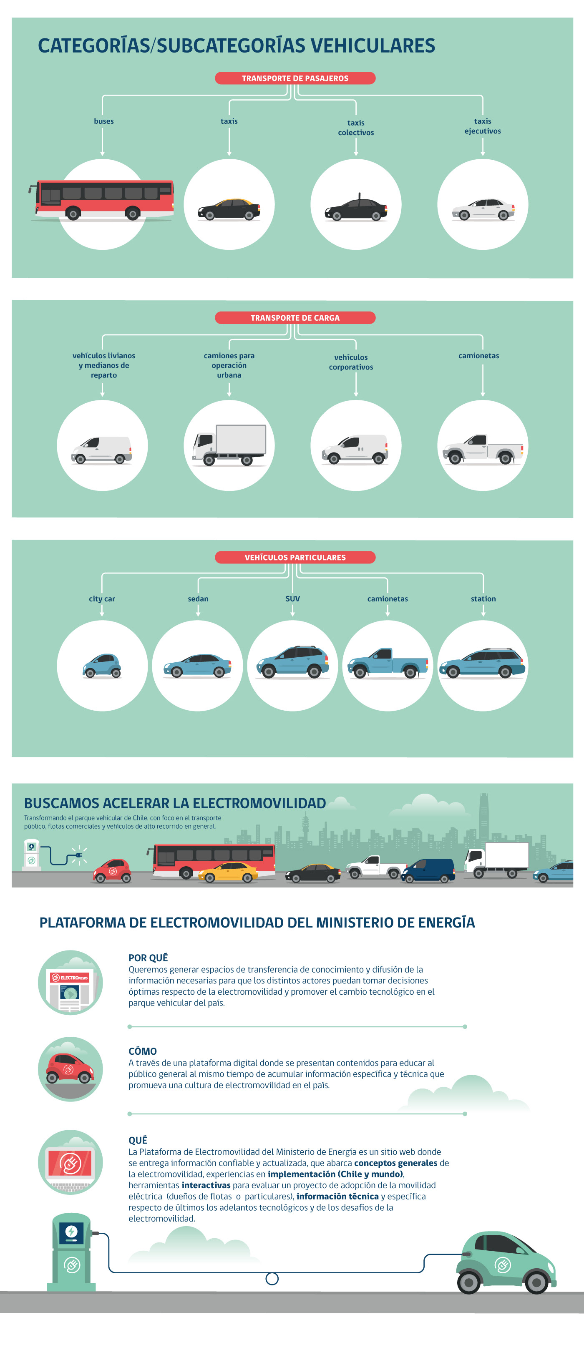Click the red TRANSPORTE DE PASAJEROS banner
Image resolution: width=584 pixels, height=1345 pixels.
pyautogui.click(x=295, y=78)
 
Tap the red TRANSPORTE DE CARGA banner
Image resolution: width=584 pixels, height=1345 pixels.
pyautogui.click(x=295, y=317)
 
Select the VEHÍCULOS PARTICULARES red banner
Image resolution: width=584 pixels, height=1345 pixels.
pyautogui.click(x=295, y=557)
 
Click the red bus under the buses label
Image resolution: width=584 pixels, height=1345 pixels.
pyautogui.click(x=102, y=200)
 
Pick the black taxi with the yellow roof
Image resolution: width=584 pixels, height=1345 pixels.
pyautogui.click(x=229, y=209)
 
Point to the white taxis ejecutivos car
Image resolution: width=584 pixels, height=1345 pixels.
pyautogui.click(x=483, y=209)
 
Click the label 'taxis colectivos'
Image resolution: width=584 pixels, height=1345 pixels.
pyautogui.click(x=356, y=127)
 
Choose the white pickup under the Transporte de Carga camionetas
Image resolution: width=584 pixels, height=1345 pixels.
pyautogui.click(x=483, y=449)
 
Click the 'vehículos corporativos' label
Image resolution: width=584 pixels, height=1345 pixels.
pyautogui.click(x=351, y=362)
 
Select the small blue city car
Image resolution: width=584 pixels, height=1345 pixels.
pyautogui.click(x=102, y=666)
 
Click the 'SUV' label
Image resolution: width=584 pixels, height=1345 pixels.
pyautogui.click(x=292, y=599)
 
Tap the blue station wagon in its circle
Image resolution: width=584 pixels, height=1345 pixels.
pyautogui.click(x=482, y=664)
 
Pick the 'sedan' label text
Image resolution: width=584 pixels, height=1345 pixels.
pyautogui.click(x=198, y=599)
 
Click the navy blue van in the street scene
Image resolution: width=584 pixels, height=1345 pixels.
pyautogui.click(x=428, y=870)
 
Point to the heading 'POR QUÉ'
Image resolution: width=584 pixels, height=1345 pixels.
pyautogui.click(x=149, y=958)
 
